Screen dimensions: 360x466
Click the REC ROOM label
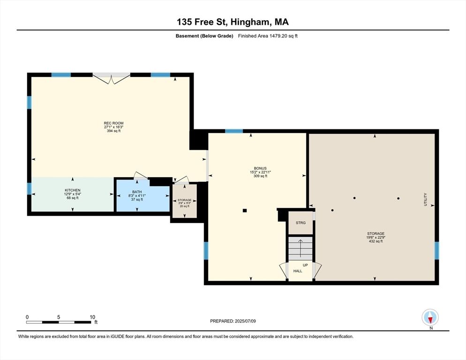(x=113, y=123)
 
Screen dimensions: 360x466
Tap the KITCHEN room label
(x=73, y=190)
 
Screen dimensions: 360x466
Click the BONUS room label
(x=260, y=168)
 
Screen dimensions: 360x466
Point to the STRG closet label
(x=301, y=223)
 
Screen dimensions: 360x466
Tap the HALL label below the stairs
(x=298, y=271)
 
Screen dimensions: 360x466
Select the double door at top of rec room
(x=111, y=78)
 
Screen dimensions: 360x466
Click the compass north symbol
(x=430, y=318)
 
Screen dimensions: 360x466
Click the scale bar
(x=59, y=322)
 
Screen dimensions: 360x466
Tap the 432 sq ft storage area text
(x=376, y=241)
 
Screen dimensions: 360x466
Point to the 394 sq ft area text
(x=113, y=131)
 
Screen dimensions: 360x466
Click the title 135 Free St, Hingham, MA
(x=233, y=22)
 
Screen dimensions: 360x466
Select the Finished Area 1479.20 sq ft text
(x=268, y=36)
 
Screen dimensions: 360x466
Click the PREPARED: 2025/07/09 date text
(x=233, y=321)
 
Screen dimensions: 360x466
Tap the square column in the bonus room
(x=244, y=210)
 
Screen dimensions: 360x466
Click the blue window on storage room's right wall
(x=436, y=251)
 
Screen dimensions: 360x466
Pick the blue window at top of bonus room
(x=233, y=131)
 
